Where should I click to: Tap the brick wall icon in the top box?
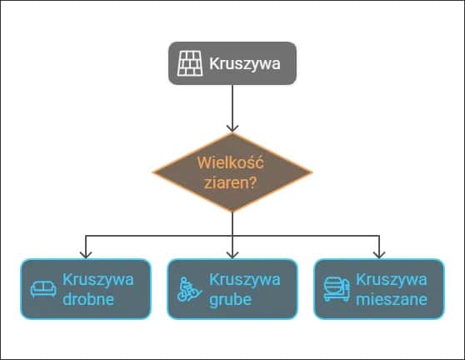click(x=190, y=62)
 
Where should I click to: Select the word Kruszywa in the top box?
click(x=244, y=62)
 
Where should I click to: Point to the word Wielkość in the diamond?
click(x=232, y=163)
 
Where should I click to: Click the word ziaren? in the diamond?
click(x=232, y=182)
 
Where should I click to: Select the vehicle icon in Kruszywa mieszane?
click(x=335, y=289)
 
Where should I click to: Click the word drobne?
click(x=88, y=299)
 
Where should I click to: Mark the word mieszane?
click(x=391, y=299)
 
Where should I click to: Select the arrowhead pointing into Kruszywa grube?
click(x=232, y=253)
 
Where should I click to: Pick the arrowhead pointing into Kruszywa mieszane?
click(x=379, y=253)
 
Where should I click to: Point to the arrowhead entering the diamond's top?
click(x=232, y=127)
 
